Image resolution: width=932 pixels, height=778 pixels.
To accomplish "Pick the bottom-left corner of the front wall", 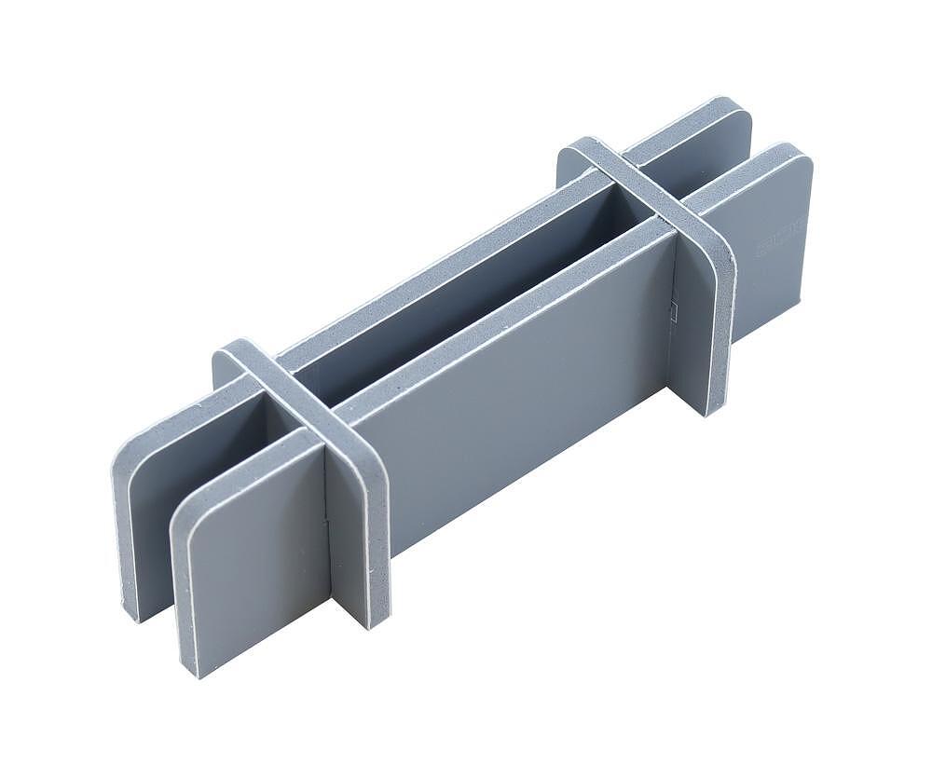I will point(197,673).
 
